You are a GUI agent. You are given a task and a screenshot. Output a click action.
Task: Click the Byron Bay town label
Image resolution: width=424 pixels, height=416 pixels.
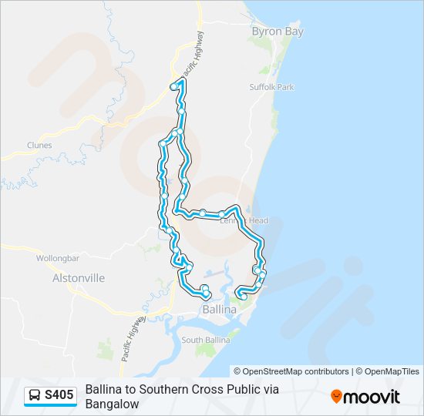[278, 32]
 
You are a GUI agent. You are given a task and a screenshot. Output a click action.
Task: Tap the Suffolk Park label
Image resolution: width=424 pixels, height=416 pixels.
[271, 88]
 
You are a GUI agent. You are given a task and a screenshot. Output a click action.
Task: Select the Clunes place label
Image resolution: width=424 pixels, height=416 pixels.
[39, 145]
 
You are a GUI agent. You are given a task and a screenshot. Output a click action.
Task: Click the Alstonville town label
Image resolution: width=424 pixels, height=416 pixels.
[78, 278]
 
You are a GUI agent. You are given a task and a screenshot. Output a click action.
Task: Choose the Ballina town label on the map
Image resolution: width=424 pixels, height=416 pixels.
[203, 309]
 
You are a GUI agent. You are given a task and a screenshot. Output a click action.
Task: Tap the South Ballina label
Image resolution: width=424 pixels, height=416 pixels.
[203, 340]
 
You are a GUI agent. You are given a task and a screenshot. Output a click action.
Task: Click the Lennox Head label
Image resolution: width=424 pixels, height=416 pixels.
[244, 221]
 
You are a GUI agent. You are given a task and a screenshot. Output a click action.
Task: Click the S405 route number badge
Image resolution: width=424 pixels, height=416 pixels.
[59, 396]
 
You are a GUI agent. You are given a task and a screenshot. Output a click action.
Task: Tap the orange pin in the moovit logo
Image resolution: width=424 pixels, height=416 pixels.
[336, 397]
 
